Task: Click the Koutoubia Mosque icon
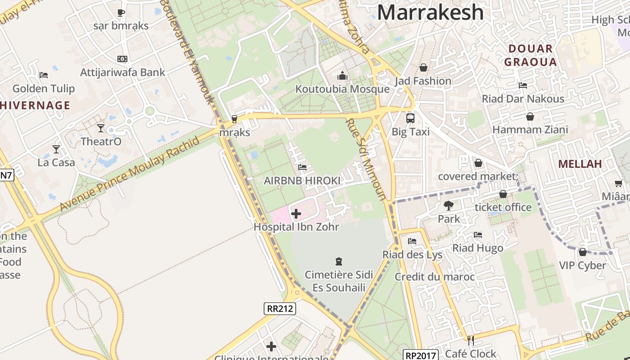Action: (x=342, y=76)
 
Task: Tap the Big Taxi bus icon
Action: (x=410, y=118)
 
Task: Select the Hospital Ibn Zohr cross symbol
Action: (x=296, y=213)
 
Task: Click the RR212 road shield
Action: (x=279, y=308)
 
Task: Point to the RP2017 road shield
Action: (x=420, y=355)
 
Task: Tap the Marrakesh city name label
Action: (x=430, y=12)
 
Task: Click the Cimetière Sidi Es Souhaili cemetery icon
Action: (x=339, y=261)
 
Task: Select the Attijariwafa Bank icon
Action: (x=122, y=59)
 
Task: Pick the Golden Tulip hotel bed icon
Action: (x=44, y=75)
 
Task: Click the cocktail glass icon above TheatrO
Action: (x=101, y=128)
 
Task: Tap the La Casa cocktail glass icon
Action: (x=56, y=149)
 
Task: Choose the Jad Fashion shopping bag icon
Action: (x=423, y=67)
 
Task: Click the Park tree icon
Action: (x=449, y=206)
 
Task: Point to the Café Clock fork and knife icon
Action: (x=471, y=340)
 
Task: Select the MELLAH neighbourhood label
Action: (x=580, y=164)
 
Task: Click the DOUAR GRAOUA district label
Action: (x=531, y=55)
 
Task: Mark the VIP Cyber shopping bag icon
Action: (x=583, y=252)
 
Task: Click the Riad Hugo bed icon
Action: (x=478, y=235)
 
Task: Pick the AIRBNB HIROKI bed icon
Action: (x=302, y=167)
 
